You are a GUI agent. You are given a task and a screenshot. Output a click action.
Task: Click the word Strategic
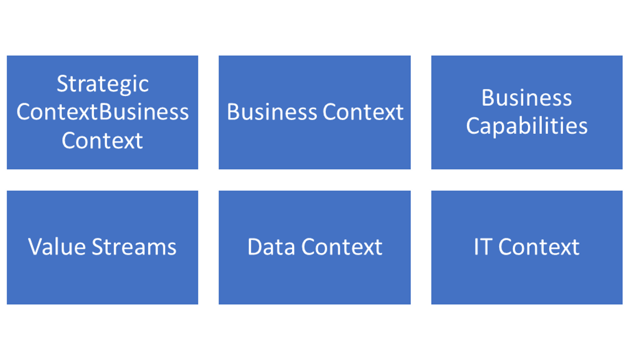(x=102, y=84)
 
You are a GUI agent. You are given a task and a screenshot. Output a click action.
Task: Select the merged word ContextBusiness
(x=102, y=112)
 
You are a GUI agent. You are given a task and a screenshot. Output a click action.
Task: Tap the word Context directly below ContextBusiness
(x=102, y=140)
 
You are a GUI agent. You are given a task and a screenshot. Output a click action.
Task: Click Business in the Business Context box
(x=272, y=112)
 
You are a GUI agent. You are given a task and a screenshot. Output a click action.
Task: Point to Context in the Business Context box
(x=363, y=112)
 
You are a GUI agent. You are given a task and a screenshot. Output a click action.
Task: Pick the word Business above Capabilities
(x=526, y=98)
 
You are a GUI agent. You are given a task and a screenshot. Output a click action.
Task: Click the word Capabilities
(x=526, y=126)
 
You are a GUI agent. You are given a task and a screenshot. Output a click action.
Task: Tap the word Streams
(x=134, y=247)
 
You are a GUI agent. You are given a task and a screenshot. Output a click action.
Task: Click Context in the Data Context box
(x=342, y=247)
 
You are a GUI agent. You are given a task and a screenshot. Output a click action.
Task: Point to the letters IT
(x=484, y=247)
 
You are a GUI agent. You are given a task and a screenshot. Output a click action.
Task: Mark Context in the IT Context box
(x=539, y=247)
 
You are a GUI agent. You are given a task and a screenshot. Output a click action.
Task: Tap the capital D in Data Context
(x=255, y=247)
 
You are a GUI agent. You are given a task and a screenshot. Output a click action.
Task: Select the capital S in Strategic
(x=62, y=84)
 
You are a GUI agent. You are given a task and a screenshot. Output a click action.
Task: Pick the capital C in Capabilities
(x=474, y=126)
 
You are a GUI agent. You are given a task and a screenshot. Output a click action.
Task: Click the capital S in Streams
(x=98, y=247)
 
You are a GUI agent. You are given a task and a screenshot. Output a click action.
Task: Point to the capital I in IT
(x=477, y=247)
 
